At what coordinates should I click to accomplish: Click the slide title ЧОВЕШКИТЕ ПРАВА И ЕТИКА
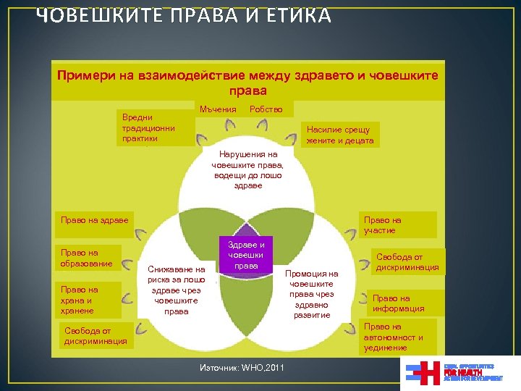click(x=184, y=15)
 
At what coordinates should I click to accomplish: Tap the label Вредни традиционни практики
click(x=148, y=126)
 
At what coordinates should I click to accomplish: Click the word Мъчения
click(x=218, y=109)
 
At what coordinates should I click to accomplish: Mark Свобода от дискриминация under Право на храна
click(x=95, y=336)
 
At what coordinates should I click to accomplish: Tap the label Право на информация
click(x=399, y=303)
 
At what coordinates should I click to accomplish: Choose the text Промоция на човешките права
click(x=311, y=294)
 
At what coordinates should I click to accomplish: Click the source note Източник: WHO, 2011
click(x=242, y=369)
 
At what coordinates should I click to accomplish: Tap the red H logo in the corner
click(x=431, y=372)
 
